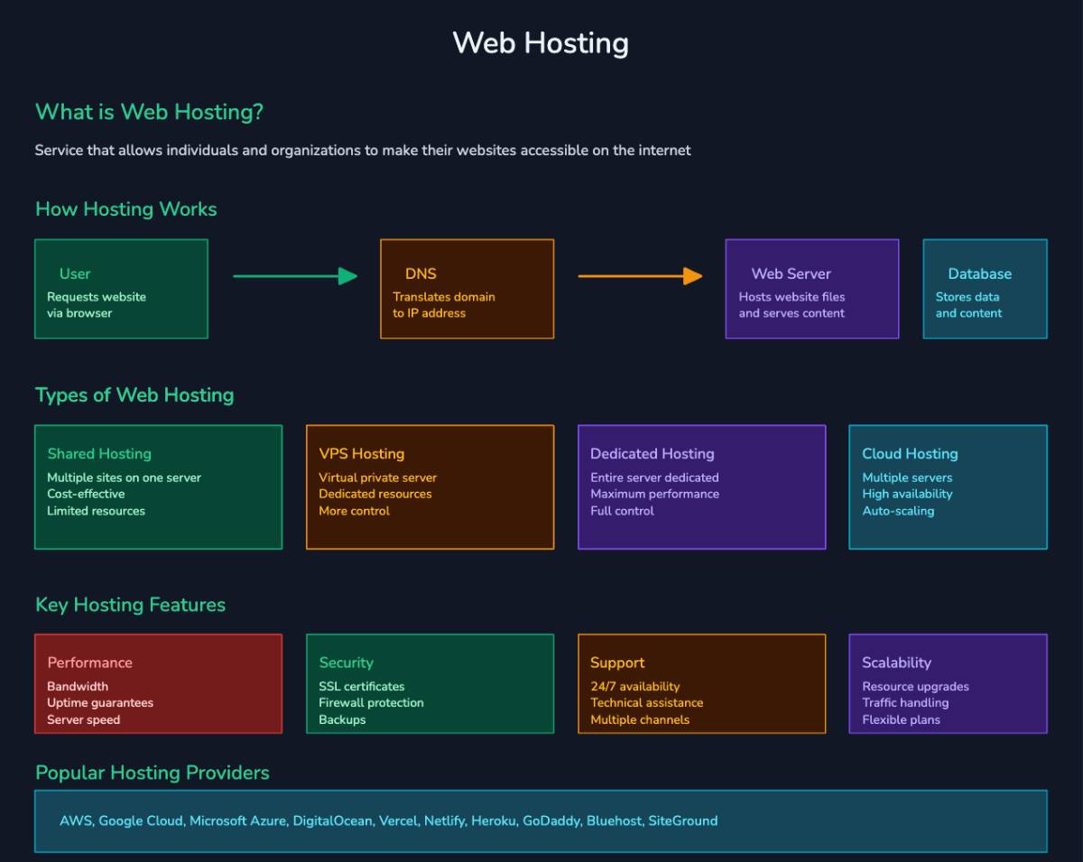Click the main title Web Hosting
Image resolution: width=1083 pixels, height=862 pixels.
[540, 42]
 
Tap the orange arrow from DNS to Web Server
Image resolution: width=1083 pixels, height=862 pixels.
[640, 276]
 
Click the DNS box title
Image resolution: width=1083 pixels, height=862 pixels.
[421, 273]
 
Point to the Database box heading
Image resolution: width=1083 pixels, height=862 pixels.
[979, 273]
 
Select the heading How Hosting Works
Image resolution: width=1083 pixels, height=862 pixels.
[125, 209]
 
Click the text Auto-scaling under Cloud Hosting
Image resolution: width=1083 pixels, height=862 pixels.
[897, 511]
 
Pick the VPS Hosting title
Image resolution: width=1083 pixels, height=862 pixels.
[361, 454]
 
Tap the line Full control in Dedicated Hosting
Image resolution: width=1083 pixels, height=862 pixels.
[622, 511]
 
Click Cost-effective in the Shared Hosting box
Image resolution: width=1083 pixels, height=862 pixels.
[86, 494]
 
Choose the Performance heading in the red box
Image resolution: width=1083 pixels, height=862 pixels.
[89, 663]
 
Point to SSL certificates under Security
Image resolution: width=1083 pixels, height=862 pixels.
[361, 687]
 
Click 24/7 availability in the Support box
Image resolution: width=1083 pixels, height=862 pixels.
[634, 687]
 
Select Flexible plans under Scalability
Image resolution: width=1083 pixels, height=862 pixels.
[901, 720]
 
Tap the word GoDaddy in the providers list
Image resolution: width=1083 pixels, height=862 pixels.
[551, 821]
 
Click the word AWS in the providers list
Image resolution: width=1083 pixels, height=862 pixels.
[75, 821]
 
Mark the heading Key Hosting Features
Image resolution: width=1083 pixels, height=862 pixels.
[130, 605]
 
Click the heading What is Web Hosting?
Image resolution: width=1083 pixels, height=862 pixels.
[149, 113]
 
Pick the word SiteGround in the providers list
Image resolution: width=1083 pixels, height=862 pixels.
[682, 821]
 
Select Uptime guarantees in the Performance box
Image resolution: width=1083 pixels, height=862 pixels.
[100, 703]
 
